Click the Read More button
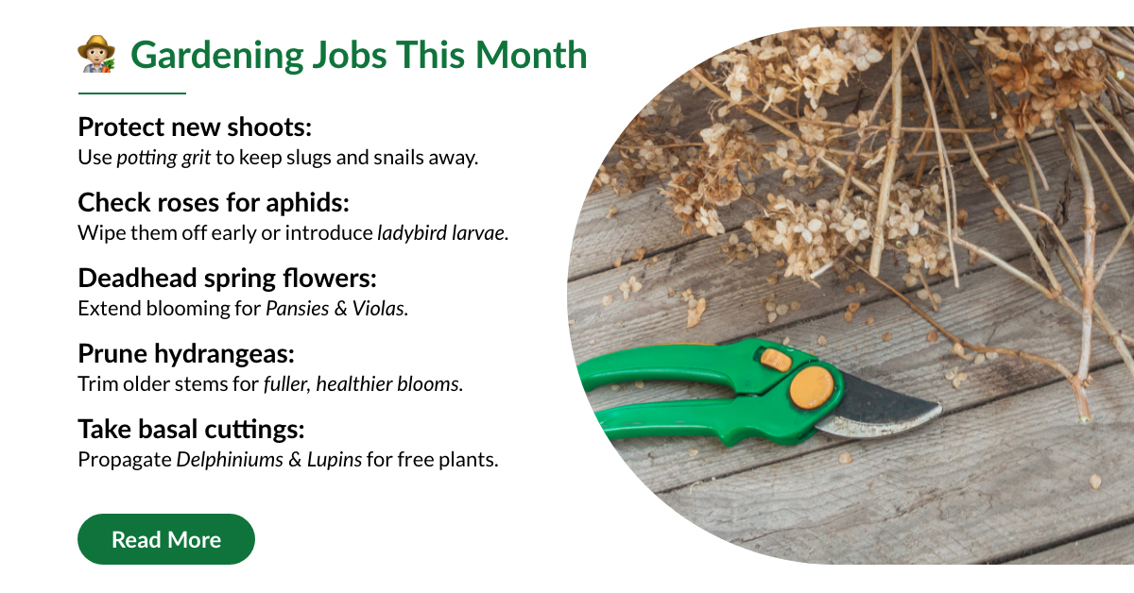coord(166,539)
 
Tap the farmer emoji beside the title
coord(96,54)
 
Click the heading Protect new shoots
coord(195,127)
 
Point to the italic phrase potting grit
coord(163,158)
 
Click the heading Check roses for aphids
coord(214,202)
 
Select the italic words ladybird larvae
coord(441,232)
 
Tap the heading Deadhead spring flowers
coord(228,278)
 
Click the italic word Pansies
coord(298,308)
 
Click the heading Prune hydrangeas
coord(186,353)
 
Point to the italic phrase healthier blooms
coord(387,383)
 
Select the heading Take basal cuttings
coord(191,429)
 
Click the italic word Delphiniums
coord(230,460)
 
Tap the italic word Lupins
coord(335,460)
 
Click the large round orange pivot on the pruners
coord(812,387)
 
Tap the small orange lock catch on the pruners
coord(777,360)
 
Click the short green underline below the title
coord(132,93)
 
